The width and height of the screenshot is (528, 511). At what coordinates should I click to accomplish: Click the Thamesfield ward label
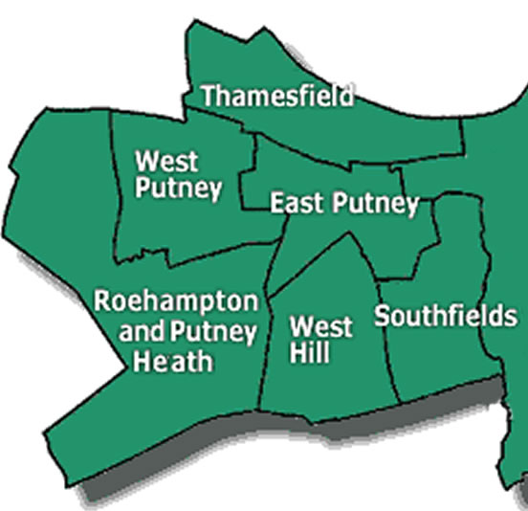click(277, 96)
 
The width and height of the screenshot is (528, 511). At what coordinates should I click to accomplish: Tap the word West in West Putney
click(161, 160)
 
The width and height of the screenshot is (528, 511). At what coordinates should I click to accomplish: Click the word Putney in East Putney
click(376, 204)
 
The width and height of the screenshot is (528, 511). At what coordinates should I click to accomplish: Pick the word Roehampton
click(176, 303)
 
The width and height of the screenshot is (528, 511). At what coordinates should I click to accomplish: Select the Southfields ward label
click(445, 317)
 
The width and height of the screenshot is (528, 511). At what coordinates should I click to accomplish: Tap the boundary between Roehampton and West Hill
click(265, 354)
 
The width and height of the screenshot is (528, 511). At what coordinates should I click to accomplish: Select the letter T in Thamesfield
click(208, 96)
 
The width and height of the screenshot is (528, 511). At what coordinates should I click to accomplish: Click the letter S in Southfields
click(382, 317)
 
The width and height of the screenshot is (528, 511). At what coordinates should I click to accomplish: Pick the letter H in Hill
click(297, 354)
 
